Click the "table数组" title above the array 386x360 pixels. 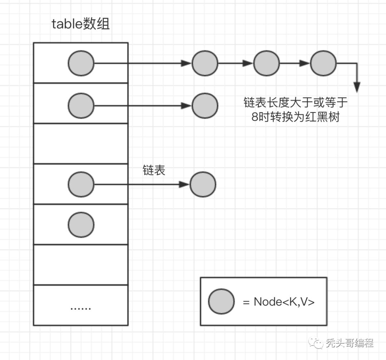point(81,24)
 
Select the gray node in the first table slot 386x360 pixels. point(81,63)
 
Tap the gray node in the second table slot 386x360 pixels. point(81,105)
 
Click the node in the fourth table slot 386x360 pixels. point(81,184)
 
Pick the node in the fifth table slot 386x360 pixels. point(81,225)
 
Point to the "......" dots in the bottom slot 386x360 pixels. point(81,307)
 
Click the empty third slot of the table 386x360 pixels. point(81,143)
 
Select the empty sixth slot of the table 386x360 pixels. point(81,265)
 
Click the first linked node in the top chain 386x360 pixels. point(205,63)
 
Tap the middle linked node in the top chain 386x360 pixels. point(267,63)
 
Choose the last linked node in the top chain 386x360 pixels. point(323,63)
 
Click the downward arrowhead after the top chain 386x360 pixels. point(357,87)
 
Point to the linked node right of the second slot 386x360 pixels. point(205,105)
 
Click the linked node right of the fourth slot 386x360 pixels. point(203,184)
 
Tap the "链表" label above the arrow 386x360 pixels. point(154,171)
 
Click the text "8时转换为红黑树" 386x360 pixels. point(295,117)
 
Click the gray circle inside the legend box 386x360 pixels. point(221,301)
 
